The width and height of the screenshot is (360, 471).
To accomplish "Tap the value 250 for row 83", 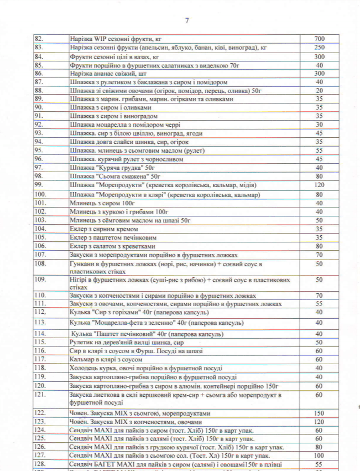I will click(319, 48).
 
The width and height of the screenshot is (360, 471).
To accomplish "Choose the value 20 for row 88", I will click(319, 90).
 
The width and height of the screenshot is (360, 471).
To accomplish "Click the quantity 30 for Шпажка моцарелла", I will click(319, 125).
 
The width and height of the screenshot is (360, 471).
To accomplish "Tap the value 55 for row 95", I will click(319, 150).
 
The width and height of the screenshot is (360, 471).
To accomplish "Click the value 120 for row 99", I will click(319, 184).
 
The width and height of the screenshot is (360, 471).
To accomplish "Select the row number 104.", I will click(40, 228).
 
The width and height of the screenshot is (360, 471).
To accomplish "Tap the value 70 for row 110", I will click(319, 296).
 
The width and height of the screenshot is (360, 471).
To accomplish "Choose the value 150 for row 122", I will click(319, 413).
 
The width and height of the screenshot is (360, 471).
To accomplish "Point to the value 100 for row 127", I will click(319, 455).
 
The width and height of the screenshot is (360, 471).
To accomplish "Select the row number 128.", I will click(40, 464).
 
